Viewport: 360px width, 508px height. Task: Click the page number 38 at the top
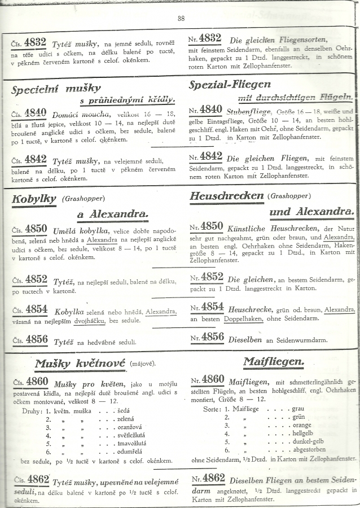181,18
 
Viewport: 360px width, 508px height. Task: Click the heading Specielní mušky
56,88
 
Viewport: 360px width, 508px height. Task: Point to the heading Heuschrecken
227,196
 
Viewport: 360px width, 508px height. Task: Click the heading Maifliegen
274,361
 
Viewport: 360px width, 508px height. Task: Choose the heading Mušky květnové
80,363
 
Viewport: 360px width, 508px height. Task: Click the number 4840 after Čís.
36,113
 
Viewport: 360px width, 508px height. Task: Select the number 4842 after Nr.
211,156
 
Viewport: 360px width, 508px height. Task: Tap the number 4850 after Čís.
36,229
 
